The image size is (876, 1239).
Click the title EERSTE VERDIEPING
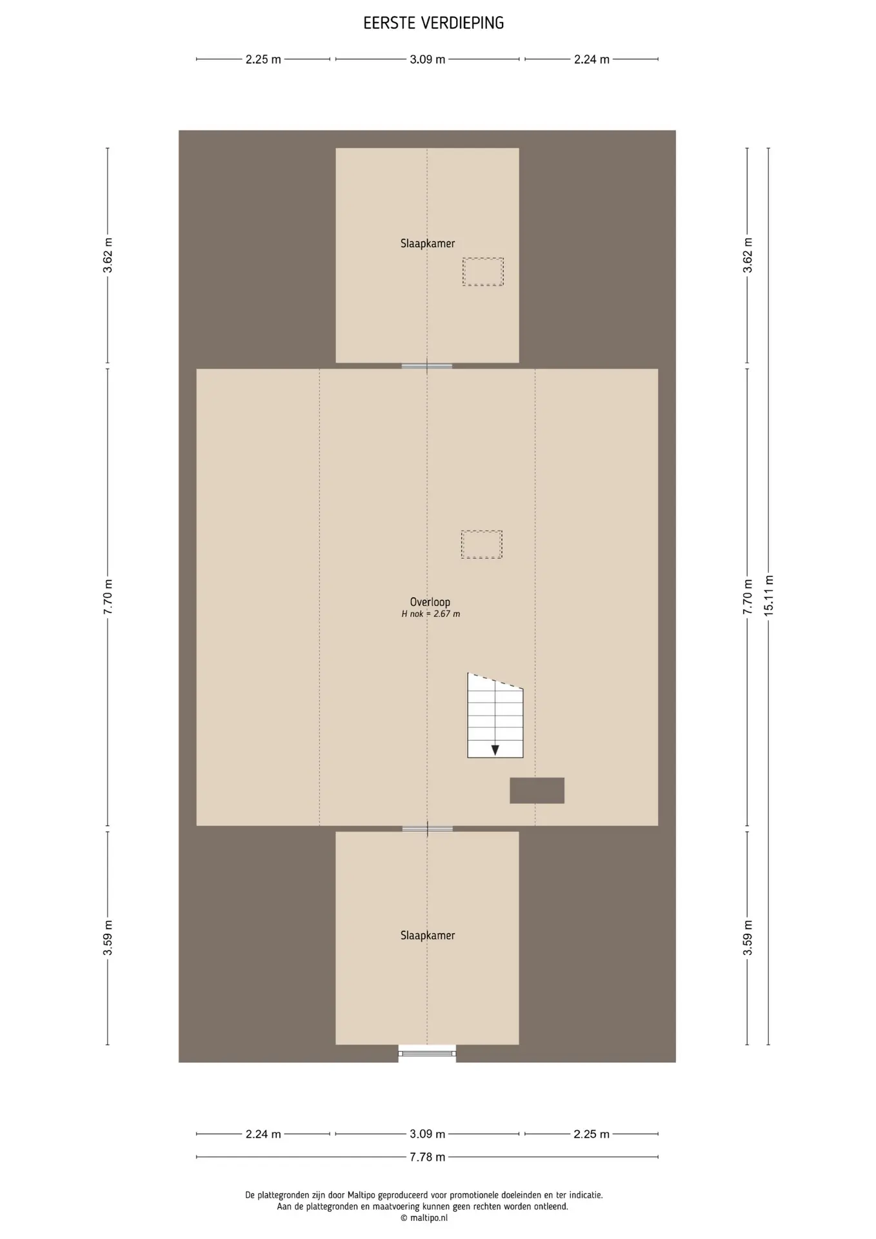[x=433, y=23]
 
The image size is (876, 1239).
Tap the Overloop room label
[x=430, y=602]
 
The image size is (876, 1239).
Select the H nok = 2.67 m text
[x=430, y=614]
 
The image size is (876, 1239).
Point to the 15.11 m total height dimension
[x=768, y=596]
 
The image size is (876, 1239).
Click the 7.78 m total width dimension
[x=427, y=1157]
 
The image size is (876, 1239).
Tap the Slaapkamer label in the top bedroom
[x=427, y=244]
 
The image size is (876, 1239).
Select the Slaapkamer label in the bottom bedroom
[x=427, y=936]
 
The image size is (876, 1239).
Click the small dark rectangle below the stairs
[x=537, y=791]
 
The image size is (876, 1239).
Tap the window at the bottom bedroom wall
[x=427, y=1054]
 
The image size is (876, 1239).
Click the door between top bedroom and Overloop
[x=427, y=366]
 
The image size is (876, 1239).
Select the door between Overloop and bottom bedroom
[x=427, y=829]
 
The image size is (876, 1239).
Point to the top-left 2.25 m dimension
[x=263, y=59]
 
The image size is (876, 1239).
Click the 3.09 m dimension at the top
[x=427, y=59]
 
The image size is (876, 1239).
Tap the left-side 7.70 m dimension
[x=108, y=597]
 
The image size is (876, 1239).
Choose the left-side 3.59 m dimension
[x=108, y=938]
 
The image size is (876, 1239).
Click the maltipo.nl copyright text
[x=424, y=1218]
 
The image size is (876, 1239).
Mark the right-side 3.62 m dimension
[x=748, y=256]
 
